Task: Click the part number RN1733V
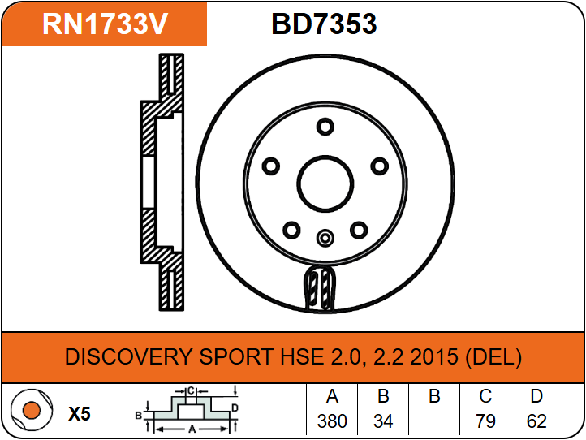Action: click(x=105, y=24)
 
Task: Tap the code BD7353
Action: click(x=324, y=24)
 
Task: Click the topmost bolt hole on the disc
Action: click(x=325, y=127)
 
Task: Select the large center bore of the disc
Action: click(x=325, y=184)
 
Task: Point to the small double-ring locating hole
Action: click(x=325, y=238)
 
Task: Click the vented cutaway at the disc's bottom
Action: click(x=320, y=288)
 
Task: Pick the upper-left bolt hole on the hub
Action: click(x=271, y=166)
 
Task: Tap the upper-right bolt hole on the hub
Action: click(x=379, y=166)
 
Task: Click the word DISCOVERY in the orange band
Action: click(x=128, y=356)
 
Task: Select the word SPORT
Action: click(x=236, y=356)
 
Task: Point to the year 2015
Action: click(x=434, y=356)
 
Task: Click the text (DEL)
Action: click(x=493, y=357)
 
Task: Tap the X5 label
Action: click(x=80, y=414)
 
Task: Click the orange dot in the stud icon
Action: click(x=32, y=410)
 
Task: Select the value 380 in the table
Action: click(x=332, y=421)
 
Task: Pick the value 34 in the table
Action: click(x=383, y=421)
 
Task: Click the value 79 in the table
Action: click(x=485, y=421)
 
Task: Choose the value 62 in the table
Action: click(x=536, y=421)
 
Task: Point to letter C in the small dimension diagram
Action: click(x=191, y=391)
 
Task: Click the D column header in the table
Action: click(x=536, y=396)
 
